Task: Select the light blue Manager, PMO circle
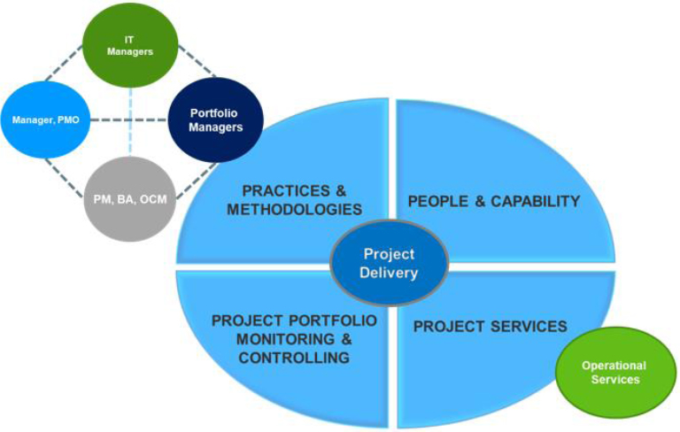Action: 45,119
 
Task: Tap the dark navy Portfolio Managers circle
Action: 216,120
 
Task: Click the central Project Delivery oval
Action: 388,264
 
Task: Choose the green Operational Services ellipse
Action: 614,372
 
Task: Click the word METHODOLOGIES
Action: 295,210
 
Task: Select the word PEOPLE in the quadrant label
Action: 437,201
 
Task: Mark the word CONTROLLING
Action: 294,358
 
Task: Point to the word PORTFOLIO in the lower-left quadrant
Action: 333,320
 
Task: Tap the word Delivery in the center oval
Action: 389,273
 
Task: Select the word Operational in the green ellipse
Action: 614,365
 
